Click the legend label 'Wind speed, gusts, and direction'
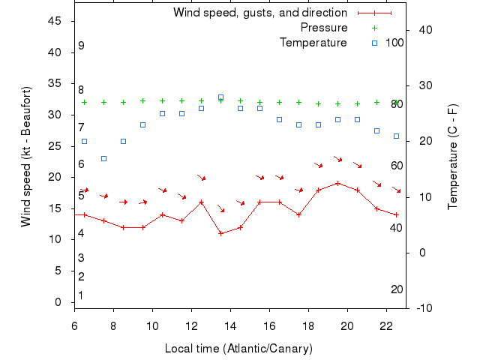pos(259,13)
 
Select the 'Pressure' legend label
pos(323,28)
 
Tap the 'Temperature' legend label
pos(313,43)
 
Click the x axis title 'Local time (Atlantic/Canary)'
pos(238,349)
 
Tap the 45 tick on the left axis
pos(55,21)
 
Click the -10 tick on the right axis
pos(422,308)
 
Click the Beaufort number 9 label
pos(81,46)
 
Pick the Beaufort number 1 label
pos(81,295)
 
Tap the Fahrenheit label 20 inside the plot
pos(397,289)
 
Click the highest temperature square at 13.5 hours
pos(220,97)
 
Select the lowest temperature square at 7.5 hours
pos(103,158)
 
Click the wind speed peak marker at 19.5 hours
pos(338,183)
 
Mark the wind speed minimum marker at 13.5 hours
pos(220,233)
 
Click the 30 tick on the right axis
pos(422,85)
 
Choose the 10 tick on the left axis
pos(55,239)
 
